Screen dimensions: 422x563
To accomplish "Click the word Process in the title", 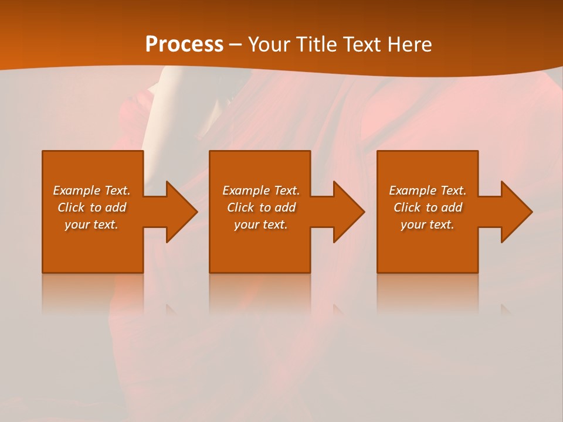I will pos(184,45).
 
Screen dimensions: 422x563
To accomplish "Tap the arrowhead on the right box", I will pos(515,212).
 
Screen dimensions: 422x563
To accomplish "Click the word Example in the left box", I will pos(76,190).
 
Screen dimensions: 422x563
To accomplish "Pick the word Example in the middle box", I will pos(245,190).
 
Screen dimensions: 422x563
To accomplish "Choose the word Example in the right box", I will pos(412,190).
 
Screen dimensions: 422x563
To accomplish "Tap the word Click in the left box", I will pos(71,207).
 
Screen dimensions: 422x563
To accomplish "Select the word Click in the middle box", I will pos(240,207).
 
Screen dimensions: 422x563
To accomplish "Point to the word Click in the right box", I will pos(407,207).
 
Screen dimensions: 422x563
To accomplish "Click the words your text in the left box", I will pos(91,224).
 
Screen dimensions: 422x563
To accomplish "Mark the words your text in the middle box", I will pos(260,224).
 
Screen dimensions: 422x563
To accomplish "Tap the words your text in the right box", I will pos(428,224).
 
